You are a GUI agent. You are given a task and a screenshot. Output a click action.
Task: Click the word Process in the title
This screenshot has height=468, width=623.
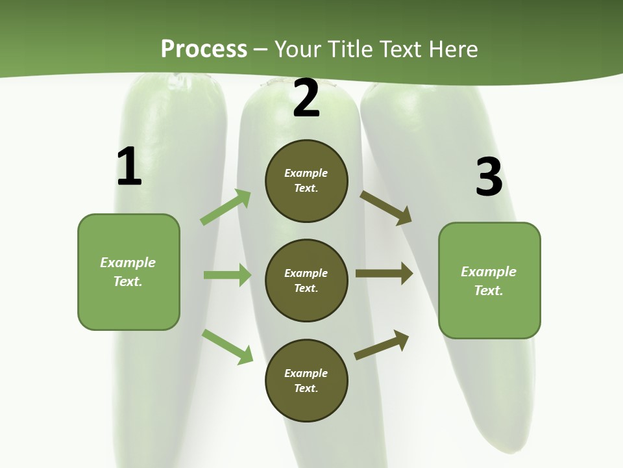[x=204, y=49]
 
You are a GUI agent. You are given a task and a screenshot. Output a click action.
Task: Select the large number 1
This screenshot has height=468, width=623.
[x=129, y=167]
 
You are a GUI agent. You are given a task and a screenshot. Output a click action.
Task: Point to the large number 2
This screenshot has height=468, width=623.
[x=306, y=99]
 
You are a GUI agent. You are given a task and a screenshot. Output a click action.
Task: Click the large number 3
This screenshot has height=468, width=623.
[x=489, y=177]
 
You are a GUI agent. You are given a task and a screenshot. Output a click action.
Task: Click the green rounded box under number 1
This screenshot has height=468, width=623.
[x=128, y=272]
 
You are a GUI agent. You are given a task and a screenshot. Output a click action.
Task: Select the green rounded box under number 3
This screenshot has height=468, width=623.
[x=489, y=281]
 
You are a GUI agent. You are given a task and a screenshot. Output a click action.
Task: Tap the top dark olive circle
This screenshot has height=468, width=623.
[x=306, y=181]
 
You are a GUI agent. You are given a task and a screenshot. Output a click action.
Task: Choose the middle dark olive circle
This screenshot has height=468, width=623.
[x=306, y=281]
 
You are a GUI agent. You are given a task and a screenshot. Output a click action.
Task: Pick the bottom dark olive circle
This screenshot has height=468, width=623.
[x=306, y=381]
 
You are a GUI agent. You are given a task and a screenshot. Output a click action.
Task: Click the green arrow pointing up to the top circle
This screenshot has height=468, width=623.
[x=226, y=207]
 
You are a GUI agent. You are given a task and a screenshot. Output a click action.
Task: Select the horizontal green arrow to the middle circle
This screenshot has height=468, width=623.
[x=227, y=275]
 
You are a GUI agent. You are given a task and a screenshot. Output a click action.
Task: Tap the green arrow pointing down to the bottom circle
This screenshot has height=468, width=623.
[x=227, y=346]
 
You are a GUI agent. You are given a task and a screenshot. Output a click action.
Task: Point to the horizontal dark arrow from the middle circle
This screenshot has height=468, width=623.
[x=384, y=274]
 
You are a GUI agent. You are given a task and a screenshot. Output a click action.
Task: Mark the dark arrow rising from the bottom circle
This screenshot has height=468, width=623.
[x=382, y=344]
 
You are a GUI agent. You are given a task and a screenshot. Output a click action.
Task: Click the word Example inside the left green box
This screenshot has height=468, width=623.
[x=128, y=263]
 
